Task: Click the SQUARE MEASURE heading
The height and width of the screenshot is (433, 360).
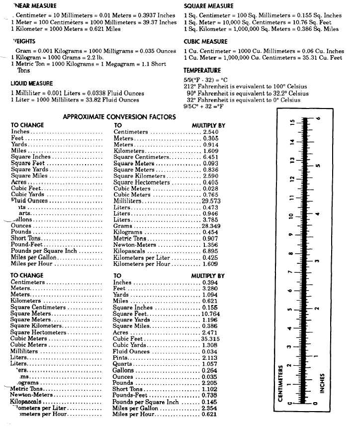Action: tap(208, 6)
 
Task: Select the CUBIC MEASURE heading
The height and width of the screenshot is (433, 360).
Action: tap(205, 42)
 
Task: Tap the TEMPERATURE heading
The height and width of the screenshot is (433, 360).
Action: tap(202, 71)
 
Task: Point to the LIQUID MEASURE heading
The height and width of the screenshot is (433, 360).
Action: tap(32, 84)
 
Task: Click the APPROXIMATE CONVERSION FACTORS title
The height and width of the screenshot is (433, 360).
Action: tap(119, 117)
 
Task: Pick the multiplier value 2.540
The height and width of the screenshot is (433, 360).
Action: tap(211, 132)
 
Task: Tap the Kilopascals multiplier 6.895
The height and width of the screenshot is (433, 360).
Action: tap(211, 251)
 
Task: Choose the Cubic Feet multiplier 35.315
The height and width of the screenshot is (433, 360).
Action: tap(210, 338)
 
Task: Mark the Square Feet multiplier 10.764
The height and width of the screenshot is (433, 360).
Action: tap(210, 314)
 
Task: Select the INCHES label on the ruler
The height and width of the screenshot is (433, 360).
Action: tap(322, 384)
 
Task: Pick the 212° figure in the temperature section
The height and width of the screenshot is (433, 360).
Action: tap(191, 86)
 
